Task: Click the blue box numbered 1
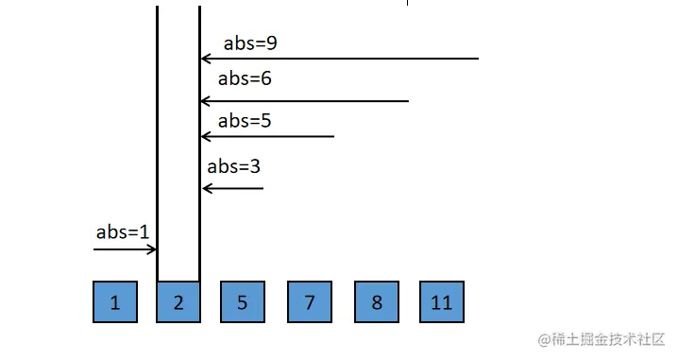115,302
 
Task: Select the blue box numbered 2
178,302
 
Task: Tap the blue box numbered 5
243,302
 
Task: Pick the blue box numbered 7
310,302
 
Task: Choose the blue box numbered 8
377,302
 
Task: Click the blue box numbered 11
441,302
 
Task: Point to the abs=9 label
249,43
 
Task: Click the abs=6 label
245,79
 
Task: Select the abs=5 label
245,121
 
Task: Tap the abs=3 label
233,166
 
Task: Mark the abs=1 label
123,231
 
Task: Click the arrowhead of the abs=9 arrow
205,60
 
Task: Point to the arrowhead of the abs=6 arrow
205,101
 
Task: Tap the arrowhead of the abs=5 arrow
205,137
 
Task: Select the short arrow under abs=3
232,188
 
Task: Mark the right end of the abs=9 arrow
478,60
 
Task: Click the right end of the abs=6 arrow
407,101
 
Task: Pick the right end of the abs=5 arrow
333,137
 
